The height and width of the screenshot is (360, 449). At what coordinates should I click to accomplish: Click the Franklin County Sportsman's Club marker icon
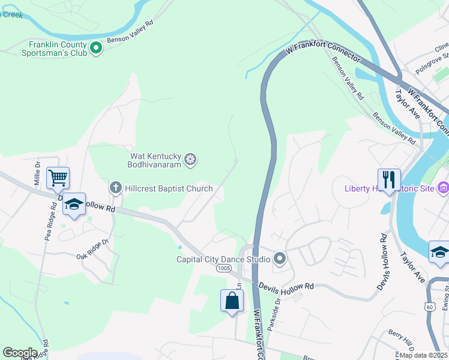click(96, 47)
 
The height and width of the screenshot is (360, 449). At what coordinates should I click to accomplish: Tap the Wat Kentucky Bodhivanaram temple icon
click(190, 159)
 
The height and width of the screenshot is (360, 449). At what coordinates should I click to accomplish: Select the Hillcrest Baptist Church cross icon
click(115, 188)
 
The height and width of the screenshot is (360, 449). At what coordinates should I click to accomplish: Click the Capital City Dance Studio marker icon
click(279, 259)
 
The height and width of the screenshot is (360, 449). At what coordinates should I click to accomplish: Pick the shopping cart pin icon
click(58, 178)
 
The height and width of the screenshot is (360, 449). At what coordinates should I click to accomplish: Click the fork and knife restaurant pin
click(388, 179)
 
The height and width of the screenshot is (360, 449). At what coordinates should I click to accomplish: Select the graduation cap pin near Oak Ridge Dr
click(74, 205)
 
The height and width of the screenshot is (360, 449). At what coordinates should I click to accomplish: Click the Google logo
click(20, 353)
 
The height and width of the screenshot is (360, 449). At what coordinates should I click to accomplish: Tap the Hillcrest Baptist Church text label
click(169, 188)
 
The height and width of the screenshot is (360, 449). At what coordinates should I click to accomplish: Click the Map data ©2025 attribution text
click(424, 355)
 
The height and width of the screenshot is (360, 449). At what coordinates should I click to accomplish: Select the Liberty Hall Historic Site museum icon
click(444, 188)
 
